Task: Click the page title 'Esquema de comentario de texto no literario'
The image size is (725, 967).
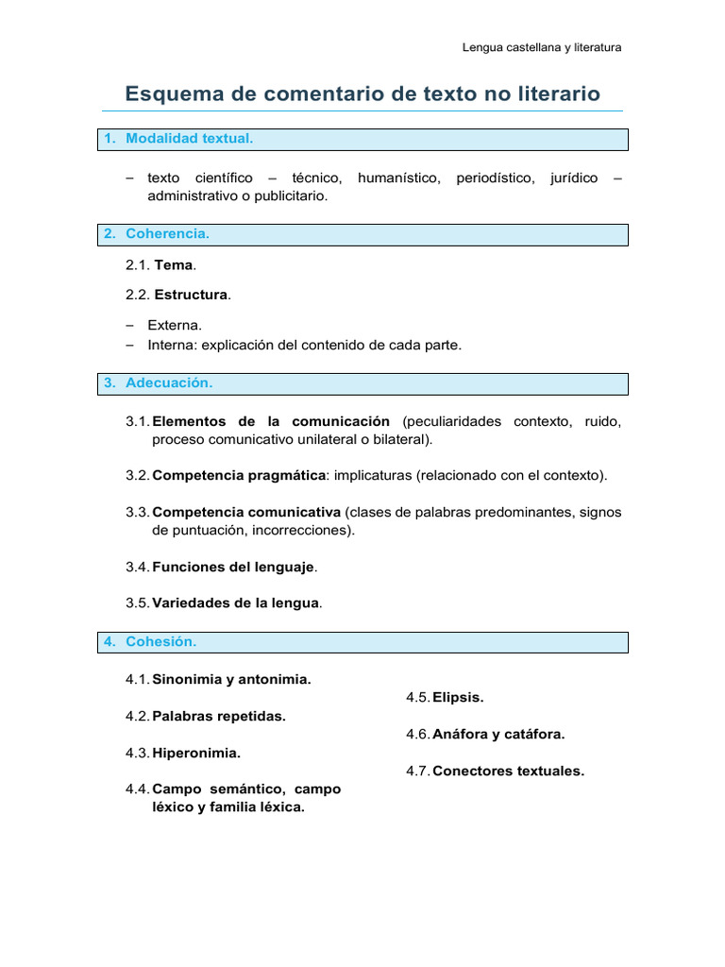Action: [362, 93]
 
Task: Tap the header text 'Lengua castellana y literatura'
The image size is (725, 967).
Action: [542, 47]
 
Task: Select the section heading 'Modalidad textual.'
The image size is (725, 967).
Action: [190, 139]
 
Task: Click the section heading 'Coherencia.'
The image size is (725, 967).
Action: [167, 233]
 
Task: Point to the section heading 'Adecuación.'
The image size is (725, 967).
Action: [169, 383]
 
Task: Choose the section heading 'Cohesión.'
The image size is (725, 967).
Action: [161, 642]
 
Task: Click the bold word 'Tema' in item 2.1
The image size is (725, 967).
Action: [173, 265]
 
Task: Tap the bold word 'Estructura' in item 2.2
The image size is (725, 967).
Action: [191, 295]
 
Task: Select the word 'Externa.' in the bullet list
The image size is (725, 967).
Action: [175, 325]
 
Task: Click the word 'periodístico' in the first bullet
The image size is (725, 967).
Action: [495, 178]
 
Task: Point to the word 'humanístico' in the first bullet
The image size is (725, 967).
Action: [399, 178]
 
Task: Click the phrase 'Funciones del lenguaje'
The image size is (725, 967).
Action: [234, 568]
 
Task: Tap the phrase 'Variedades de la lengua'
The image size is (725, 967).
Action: [236, 603]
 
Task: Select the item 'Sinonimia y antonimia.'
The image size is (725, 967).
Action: [231, 679]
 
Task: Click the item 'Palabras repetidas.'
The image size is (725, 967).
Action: [219, 716]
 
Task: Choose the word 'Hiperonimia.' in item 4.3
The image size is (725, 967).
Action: [196, 754]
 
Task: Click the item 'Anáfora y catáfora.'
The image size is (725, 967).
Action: [498, 734]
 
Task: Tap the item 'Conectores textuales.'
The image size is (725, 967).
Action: [508, 771]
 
